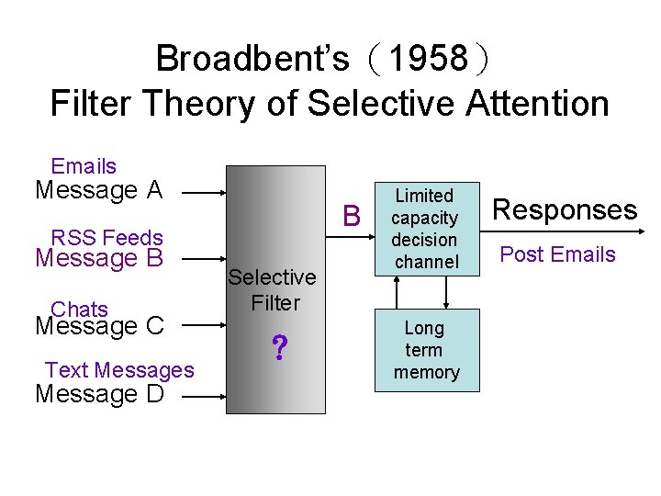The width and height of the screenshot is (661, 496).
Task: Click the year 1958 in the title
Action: (428, 60)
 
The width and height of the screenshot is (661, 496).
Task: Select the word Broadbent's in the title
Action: (252, 60)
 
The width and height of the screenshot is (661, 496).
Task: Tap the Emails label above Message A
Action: (84, 166)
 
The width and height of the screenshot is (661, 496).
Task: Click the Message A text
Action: (98, 190)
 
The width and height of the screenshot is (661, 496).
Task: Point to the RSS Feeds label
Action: (106, 238)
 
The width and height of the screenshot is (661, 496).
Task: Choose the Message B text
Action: (98, 258)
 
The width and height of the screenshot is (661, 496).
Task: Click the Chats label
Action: (80, 310)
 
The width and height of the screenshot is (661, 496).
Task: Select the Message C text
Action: (98, 326)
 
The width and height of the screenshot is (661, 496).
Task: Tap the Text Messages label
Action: (119, 370)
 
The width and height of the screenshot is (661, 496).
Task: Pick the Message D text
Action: (98, 394)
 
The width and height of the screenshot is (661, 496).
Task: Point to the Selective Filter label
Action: (273, 289)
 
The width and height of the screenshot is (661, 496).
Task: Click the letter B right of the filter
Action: (351, 217)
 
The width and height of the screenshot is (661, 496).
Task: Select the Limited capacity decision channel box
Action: (425, 229)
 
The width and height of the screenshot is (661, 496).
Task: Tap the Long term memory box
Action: (425, 350)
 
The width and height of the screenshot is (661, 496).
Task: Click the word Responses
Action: (565, 209)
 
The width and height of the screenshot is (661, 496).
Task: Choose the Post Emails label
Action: (557, 254)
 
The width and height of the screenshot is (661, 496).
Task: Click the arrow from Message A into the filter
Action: (204, 193)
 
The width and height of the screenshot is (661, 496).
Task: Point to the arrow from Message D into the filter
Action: (204, 396)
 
